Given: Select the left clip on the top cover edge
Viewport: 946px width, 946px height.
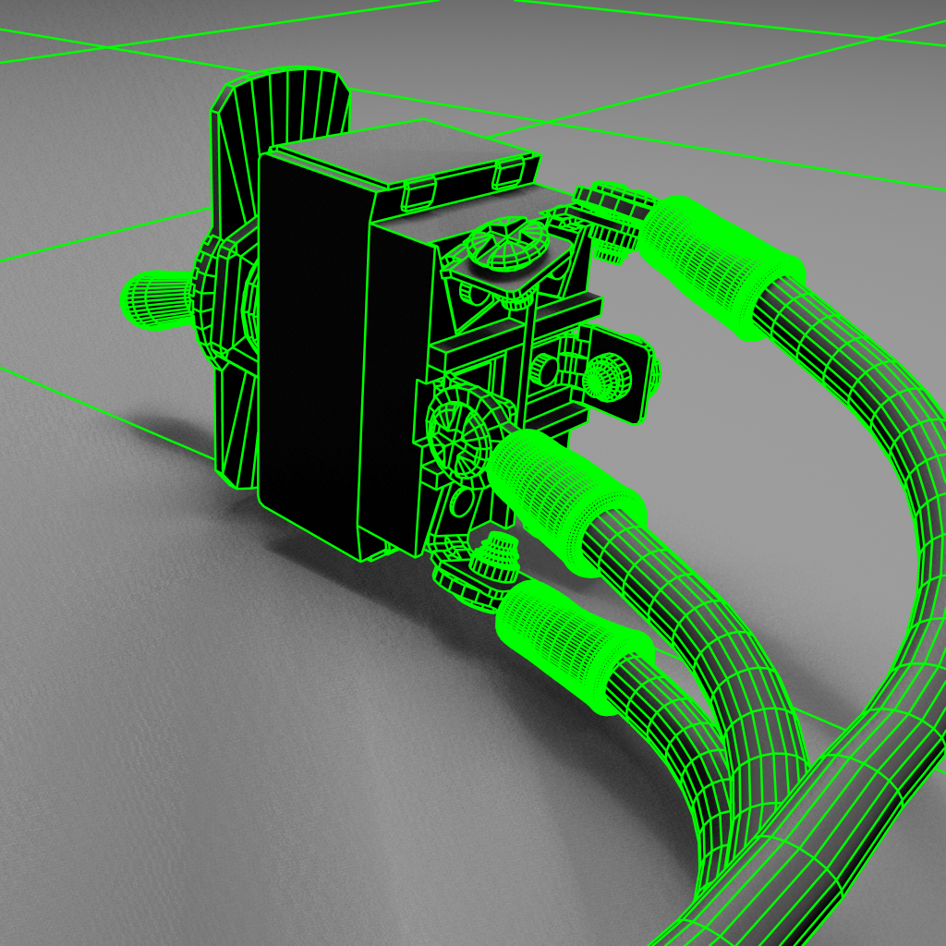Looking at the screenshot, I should click(419, 192).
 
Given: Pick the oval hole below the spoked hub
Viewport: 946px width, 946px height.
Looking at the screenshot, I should click(459, 503).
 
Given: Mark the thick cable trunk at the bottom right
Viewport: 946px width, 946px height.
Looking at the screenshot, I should click(831, 813).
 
